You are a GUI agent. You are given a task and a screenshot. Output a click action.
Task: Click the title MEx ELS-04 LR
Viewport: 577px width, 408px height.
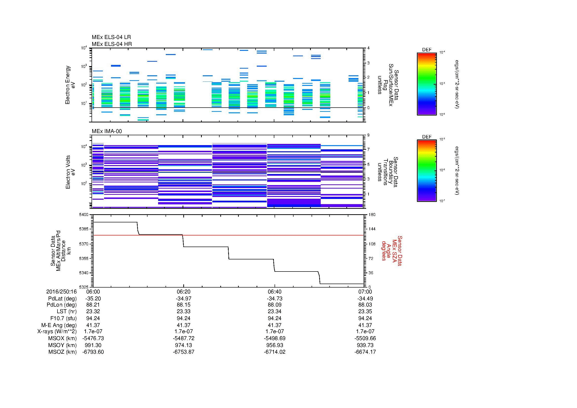[111, 37]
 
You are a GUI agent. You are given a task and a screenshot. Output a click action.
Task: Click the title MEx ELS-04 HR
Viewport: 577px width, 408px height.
[112, 44]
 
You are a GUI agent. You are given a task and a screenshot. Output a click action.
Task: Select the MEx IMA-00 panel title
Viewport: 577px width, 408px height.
[107, 131]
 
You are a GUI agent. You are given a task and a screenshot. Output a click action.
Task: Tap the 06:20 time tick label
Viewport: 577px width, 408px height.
[184, 291]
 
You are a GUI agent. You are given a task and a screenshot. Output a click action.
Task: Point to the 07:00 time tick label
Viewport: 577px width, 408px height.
[365, 291]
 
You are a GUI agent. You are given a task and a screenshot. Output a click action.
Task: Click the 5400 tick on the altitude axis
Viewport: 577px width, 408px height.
[83, 215]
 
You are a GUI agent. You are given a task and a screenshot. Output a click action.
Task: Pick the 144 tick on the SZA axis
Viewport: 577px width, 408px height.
[372, 229]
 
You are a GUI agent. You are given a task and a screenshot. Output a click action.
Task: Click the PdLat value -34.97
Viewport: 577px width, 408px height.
[184, 299]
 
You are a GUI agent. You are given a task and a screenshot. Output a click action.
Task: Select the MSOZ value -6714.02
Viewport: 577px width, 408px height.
[274, 352]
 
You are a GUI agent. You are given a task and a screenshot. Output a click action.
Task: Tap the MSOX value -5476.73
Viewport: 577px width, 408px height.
[93, 338]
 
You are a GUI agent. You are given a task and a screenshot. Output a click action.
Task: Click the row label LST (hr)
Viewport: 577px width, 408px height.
[67, 311]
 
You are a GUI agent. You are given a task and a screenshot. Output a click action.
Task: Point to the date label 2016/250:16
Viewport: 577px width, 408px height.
[61, 291]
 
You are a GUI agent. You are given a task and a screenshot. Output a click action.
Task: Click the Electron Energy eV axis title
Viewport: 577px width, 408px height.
[70, 85]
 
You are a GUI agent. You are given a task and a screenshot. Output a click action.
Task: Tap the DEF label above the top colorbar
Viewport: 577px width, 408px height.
[427, 50]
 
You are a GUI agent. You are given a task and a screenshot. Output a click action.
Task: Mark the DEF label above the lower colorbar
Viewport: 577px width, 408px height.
[427, 137]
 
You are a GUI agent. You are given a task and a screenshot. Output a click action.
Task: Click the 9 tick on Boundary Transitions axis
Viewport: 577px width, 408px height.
[368, 135]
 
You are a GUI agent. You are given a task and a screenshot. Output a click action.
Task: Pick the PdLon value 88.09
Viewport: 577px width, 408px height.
[274, 305]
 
